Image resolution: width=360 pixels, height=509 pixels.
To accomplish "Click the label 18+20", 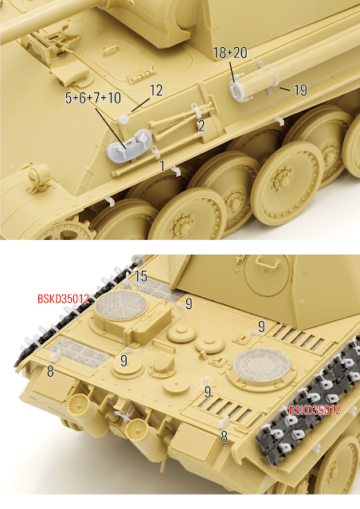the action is (x=230, y=53).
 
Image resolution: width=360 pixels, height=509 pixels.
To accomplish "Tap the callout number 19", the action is (x=300, y=90).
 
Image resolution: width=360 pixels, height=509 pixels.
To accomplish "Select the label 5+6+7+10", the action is (x=93, y=98).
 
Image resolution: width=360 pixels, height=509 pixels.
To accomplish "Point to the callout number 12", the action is (x=156, y=91).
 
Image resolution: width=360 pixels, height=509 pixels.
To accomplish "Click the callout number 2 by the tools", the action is (x=202, y=126).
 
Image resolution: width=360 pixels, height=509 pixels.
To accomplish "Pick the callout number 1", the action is (x=162, y=166).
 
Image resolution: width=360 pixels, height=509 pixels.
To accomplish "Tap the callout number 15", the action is (x=141, y=276).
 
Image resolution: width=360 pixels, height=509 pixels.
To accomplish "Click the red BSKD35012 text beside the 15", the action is (x=63, y=299).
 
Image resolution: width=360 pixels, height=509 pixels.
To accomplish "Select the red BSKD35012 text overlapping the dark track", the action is (x=315, y=410).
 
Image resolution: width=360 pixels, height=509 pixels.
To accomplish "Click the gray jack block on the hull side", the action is (x=129, y=145).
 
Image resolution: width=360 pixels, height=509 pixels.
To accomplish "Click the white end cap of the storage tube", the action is (x=237, y=89).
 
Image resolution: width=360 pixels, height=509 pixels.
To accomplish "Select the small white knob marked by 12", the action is (x=123, y=119).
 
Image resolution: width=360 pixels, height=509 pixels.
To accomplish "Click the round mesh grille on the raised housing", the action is (x=121, y=305).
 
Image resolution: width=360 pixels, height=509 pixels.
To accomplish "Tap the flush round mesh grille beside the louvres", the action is (x=262, y=361).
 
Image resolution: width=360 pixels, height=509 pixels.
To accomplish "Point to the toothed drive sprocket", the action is (x=68, y=231).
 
